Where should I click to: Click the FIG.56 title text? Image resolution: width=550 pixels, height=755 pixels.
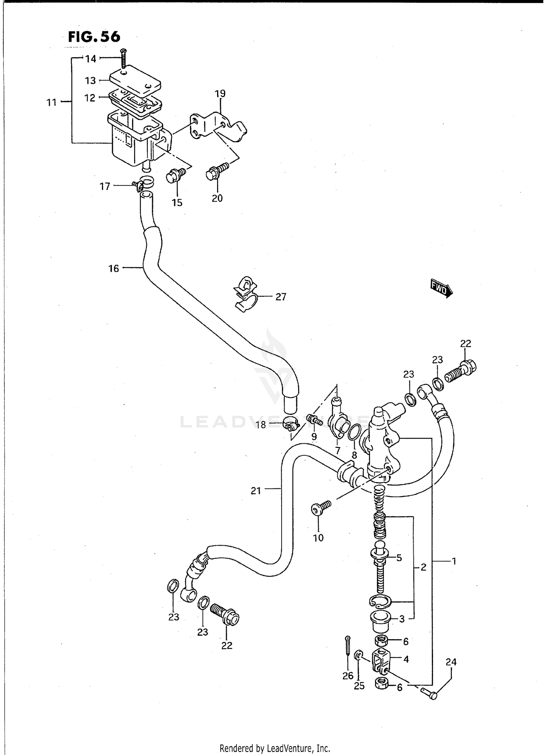[x=94, y=37]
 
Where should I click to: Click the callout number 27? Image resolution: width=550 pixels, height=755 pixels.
[x=280, y=297]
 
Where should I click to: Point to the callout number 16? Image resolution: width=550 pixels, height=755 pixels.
[x=114, y=268]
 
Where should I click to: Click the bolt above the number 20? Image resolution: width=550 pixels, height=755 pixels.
[x=217, y=171]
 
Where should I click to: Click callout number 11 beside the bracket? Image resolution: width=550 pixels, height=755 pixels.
[x=52, y=102]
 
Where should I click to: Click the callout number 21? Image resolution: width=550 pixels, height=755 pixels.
[x=256, y=490]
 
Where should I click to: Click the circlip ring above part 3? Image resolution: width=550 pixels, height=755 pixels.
[x=380, y=602]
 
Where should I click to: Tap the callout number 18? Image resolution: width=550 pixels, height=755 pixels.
[x=261, y=426]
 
